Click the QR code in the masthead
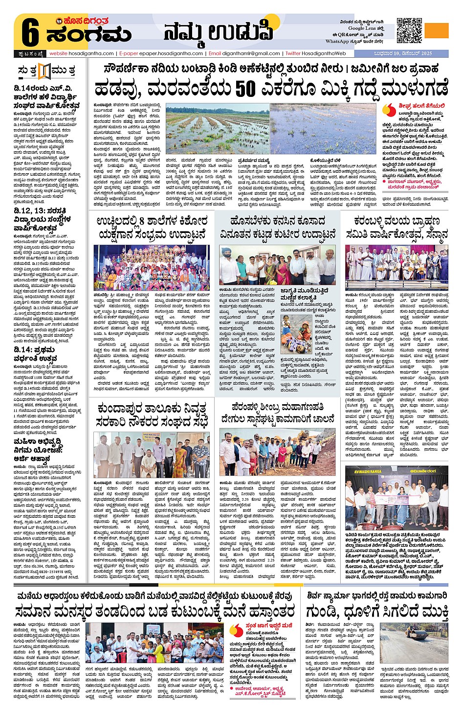(x=409, y=30)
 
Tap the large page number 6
(x=30, y=34)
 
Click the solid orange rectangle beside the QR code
(x=437, y=30)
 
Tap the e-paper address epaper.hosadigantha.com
(x=171, y=53)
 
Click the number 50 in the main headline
(x=245, y=89)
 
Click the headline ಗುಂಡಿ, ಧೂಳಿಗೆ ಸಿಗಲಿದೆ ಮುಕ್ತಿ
(x=377, y=611)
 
